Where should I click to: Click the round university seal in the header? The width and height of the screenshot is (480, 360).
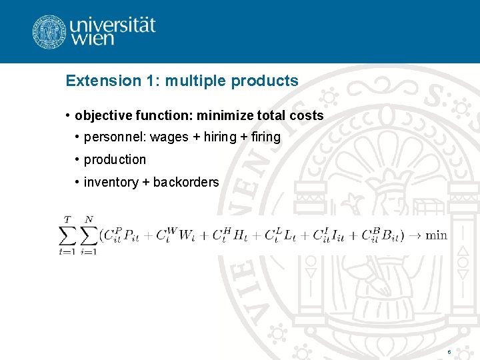[x=49, y=31]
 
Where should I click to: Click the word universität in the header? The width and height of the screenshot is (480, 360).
[x=113, y=25]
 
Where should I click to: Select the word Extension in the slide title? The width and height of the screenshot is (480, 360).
[x=99, y=81]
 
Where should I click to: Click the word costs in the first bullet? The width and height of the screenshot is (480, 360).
[x=307, y=116]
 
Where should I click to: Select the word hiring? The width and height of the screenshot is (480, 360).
[x=220, y=137]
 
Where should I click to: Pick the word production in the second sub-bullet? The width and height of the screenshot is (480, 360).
[x=115, y=160]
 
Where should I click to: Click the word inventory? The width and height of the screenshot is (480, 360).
[x=111, y=183]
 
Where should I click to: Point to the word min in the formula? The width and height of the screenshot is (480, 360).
[x=437, y=235]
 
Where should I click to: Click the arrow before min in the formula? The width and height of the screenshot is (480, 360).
[x=415, y=235]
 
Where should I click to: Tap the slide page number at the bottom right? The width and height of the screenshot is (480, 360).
[x=449, y=351]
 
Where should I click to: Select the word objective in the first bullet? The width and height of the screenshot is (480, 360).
[x=100, y=116]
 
